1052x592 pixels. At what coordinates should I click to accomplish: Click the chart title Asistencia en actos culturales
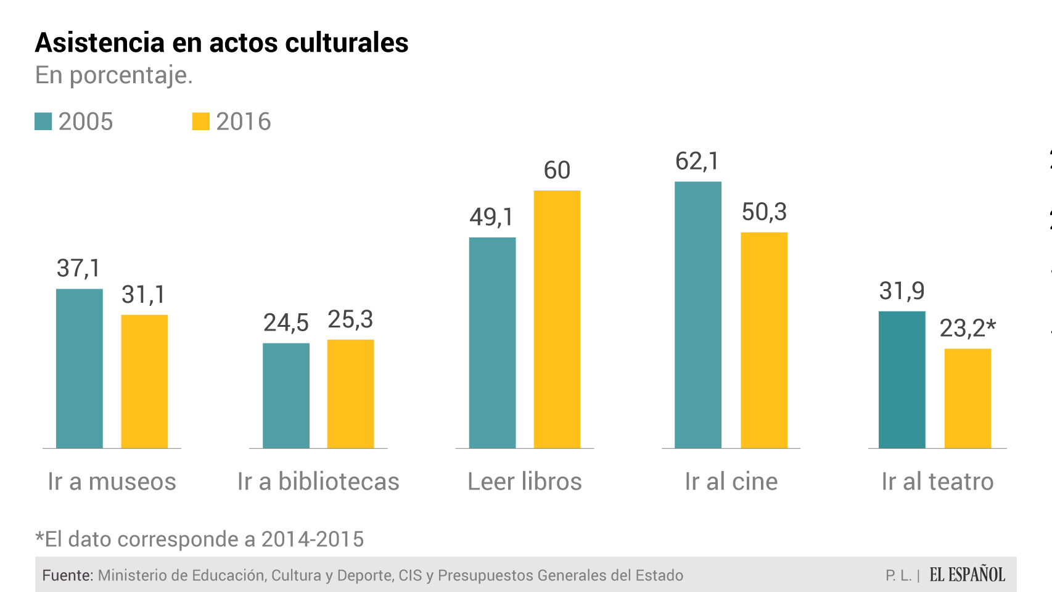[221, 43]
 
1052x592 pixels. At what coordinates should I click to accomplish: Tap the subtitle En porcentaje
[114, 75]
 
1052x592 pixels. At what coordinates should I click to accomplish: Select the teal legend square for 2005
[43, 121]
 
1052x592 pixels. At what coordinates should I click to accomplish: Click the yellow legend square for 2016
[200, 121]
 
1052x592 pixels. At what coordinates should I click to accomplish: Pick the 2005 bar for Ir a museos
[80, 368]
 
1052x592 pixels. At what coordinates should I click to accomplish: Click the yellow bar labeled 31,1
[144, 381]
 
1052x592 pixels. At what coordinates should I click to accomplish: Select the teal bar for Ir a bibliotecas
[286, 395]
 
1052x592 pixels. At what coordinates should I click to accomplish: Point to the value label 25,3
[350, 319]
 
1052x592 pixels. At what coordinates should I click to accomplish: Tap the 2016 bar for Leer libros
[557, 319]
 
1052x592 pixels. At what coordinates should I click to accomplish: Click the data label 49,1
[491, 217]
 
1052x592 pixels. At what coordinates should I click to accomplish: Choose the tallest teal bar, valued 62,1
[698, 314]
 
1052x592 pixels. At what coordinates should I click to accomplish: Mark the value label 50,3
[764, 212]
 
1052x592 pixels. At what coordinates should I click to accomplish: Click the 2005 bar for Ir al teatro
[902, 379]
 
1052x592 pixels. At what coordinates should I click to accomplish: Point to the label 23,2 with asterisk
[968, 328]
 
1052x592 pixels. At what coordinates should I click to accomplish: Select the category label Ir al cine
[731, 482]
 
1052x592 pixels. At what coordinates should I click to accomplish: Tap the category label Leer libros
[524, 482]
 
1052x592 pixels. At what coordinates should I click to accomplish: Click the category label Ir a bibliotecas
[318, 482]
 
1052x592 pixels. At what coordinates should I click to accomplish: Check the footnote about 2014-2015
[199, 539]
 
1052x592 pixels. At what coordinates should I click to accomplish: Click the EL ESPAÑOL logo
[967, 575]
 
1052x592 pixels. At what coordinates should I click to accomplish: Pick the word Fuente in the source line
[67, 575]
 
